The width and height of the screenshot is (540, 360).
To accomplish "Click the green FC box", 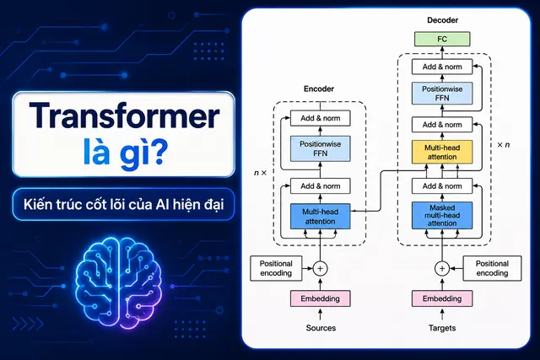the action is click(x=442, y=39).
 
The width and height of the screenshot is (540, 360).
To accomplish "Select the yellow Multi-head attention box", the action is click(x=442, y=152).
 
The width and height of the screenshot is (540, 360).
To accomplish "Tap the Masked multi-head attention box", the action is click(x=442, y=216).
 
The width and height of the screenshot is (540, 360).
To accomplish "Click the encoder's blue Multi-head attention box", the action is click(x=321, y=217).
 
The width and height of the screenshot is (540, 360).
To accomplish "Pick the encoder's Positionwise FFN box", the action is click(x=321, y=148).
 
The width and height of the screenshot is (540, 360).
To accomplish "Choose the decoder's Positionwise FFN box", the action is click(x=442, y=94).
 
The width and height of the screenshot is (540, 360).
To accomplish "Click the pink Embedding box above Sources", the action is click(x=321, y=298).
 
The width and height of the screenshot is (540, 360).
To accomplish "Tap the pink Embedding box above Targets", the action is click(x=442, y=298).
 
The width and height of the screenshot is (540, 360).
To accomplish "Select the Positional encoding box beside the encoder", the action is click(x=276, y=268).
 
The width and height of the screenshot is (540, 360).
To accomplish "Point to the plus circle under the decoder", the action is click(x=442, y=268).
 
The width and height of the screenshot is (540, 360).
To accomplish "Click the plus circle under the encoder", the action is click(x=321, y=268).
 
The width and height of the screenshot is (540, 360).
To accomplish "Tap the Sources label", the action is click(x=321, y=328).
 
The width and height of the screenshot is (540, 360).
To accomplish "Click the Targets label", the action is click(x=442, y=328).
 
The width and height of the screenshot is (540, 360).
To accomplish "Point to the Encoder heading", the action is click(x=319, y=89).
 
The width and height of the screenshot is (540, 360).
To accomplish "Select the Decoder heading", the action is click(x=442, y=20).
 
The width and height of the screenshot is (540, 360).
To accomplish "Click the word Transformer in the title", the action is click(x=124, y=116).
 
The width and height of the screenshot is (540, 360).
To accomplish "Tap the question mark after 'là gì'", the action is click(x=157, y=153).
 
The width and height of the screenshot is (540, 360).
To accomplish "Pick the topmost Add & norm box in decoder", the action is click(x=442, y=67).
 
